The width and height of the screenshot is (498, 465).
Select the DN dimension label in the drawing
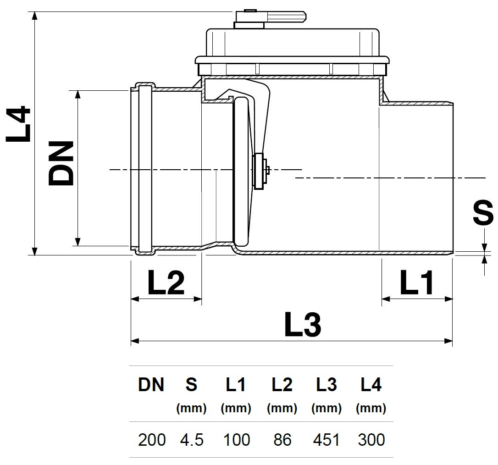click(61, 163)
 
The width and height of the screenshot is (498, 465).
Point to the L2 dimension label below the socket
click(166, 283)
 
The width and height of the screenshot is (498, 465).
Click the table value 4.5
click(191, 440)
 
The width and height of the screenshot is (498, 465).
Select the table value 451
click(326, 440)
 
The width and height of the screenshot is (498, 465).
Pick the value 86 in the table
click(282, 440)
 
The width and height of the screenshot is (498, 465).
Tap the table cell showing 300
click(371, 440)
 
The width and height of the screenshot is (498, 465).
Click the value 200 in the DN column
click(152, 440)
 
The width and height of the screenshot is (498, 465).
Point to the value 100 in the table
click(236, 440)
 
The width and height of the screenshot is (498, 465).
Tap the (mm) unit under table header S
click(191, 408)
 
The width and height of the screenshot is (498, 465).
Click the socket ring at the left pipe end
click(143, 168)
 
